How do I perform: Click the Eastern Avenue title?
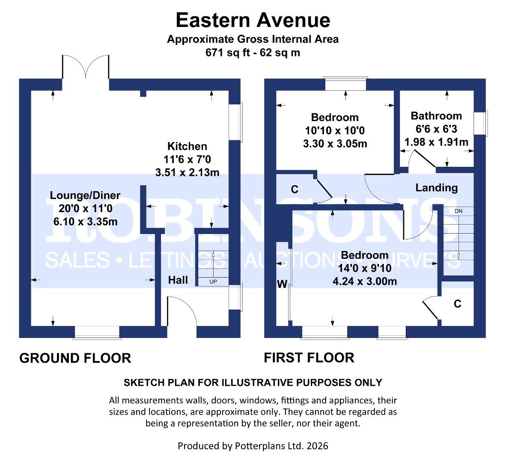coord(253,20)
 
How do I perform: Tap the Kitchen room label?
coord(187,146)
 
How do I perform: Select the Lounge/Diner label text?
coord(85,195)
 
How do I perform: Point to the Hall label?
coord(178,280)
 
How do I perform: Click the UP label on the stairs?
coord(213,282)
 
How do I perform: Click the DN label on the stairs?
coord(458,211)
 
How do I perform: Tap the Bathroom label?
coord(436,116)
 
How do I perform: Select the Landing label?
coord(436,188)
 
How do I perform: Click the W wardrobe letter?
coord(282,284)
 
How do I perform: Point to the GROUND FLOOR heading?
coord(75,358)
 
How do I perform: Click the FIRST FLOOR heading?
coord(309,358)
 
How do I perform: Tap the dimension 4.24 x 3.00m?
coord(364,281)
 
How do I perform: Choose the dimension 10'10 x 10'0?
coord(335,130)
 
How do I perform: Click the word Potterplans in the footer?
coord(261,446)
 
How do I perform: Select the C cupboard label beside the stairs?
coord(457,304)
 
